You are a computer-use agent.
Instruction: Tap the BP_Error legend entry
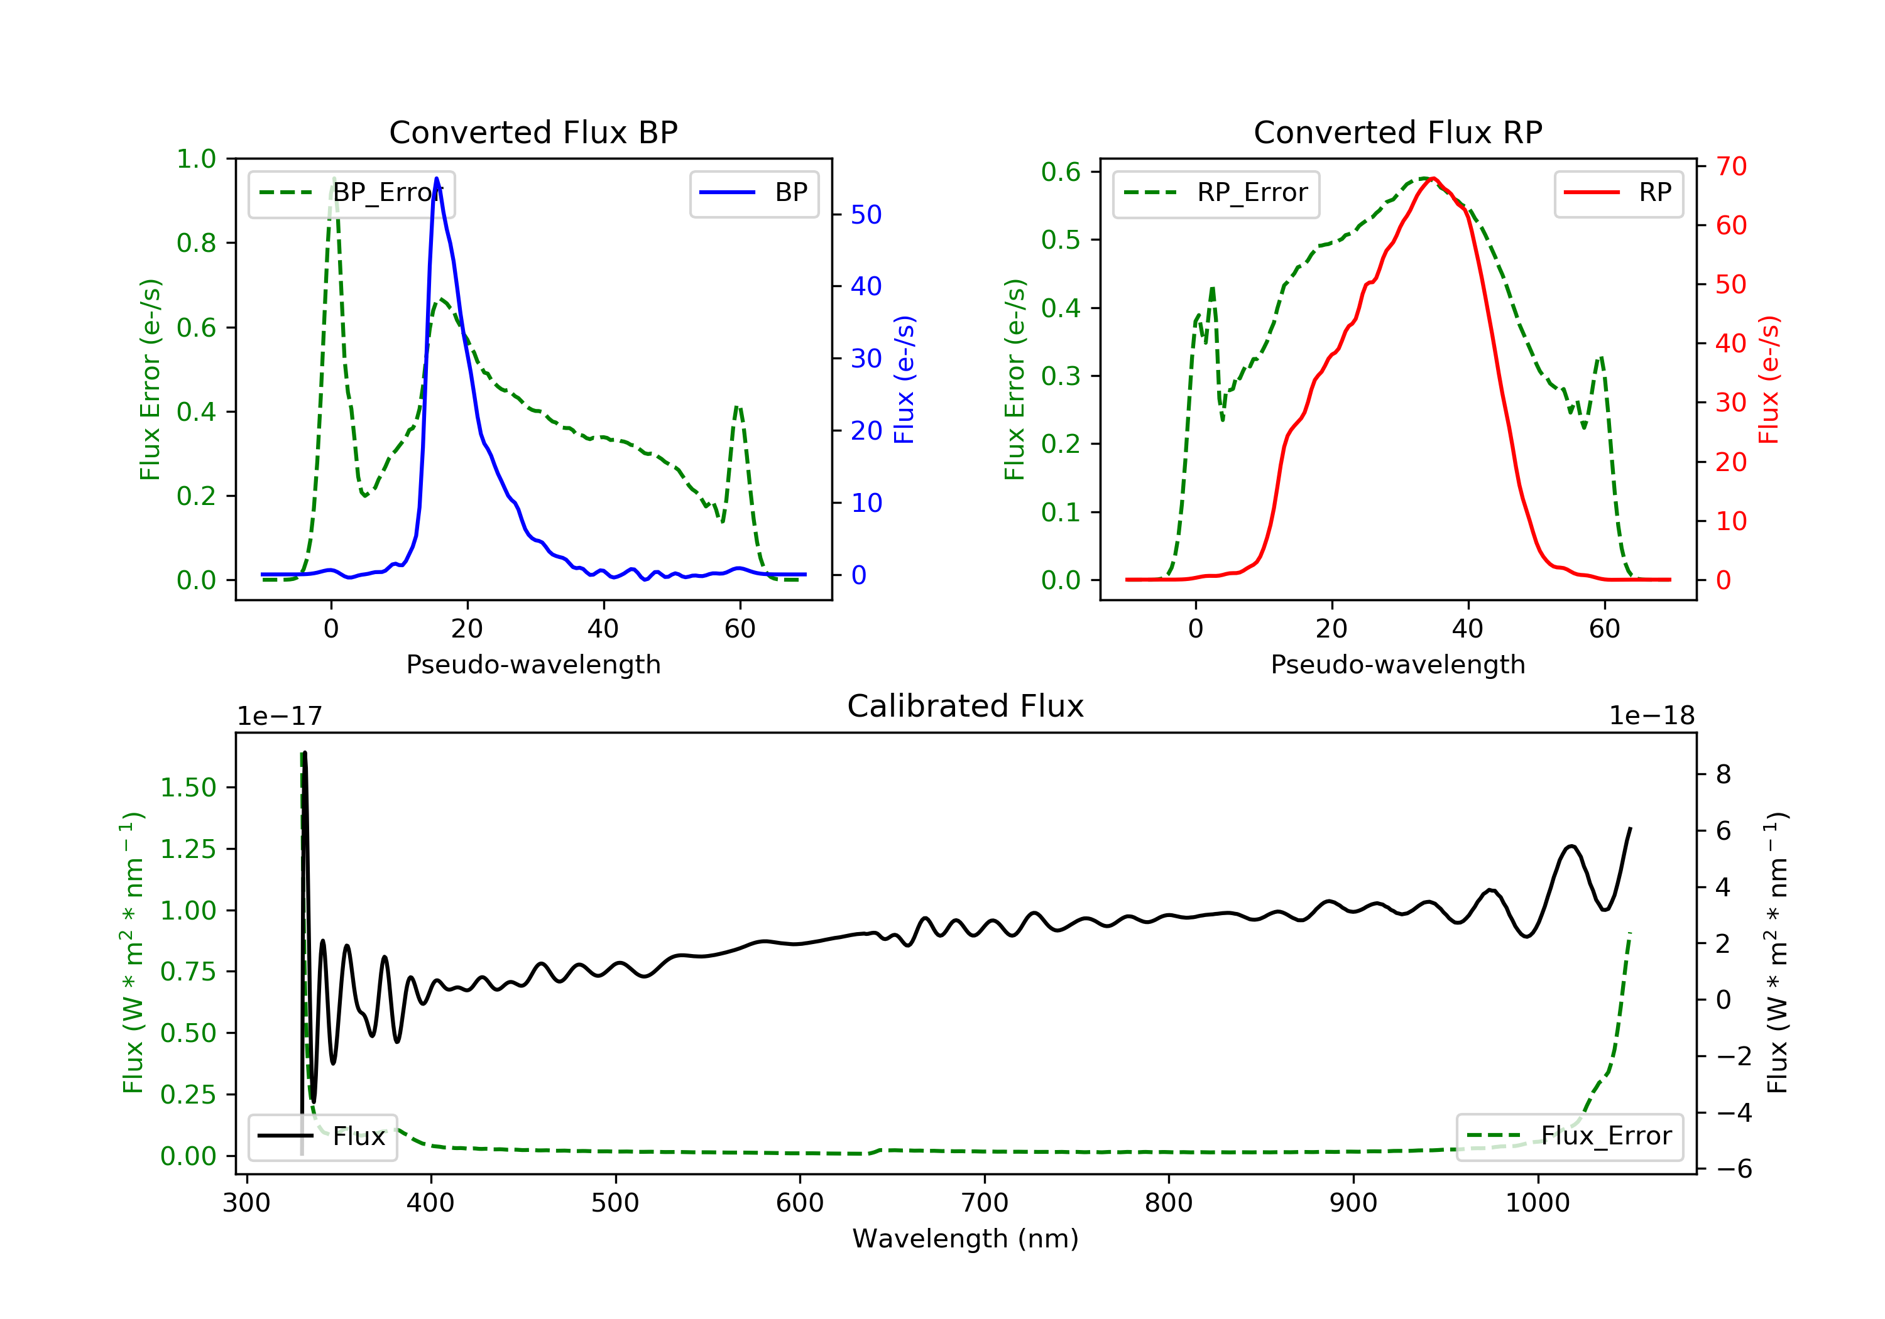coord(351,193)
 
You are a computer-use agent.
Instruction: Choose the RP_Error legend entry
coord(1216,193)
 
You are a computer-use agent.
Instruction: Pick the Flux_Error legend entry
coord(1569,1136)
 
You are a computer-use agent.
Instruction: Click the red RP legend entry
coord(1617,193)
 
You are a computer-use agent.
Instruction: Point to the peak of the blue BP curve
coord(436,178)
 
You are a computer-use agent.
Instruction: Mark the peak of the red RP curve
coord(1432,178)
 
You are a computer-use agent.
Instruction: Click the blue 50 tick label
coord(865,215)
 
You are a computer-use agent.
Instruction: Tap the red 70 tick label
coord(1730,166)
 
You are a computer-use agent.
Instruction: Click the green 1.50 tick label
coord(188,788)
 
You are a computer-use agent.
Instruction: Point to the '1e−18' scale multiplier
coord(1651,716)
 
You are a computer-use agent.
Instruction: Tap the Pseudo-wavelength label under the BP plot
coord(533,664)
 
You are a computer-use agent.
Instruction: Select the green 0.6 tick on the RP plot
coord(1061,171)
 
